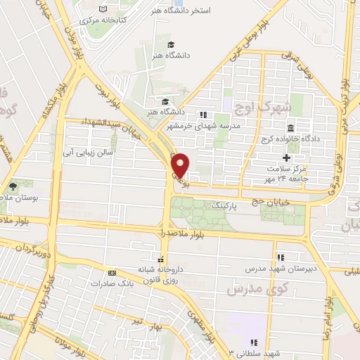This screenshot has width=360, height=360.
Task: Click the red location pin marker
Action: pos(181,164)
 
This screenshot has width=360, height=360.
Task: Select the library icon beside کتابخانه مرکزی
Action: pos(104,8)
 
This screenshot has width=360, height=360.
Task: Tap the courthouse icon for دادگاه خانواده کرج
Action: pos(290,127)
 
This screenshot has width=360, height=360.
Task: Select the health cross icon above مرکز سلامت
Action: pos(286,157)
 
